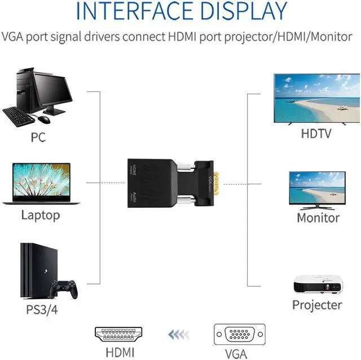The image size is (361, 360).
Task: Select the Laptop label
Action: (x=40, y=215)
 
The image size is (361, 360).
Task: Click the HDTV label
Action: (x=316, y=134)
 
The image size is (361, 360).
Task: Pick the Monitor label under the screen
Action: (x=318, y=217)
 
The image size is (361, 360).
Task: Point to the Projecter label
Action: (x=317, y=305)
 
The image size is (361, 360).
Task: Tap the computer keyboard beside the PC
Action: (x=17, y=116)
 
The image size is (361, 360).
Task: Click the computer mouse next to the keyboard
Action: (x=45, y=119)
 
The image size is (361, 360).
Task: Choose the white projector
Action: (x=318, y=284)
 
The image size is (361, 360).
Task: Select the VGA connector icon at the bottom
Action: (x=239, y=335)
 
